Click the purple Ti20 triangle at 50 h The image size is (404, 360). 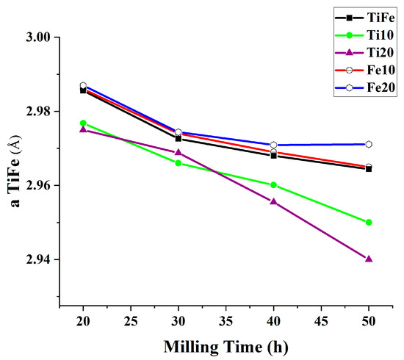369,259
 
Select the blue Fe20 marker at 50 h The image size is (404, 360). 369,144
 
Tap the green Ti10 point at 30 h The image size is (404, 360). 178,162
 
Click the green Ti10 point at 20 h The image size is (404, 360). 83,123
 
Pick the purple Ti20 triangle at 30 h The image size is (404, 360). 178,152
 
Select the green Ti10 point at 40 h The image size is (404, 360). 273,185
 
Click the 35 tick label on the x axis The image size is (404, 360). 226,320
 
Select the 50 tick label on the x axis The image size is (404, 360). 369,320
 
